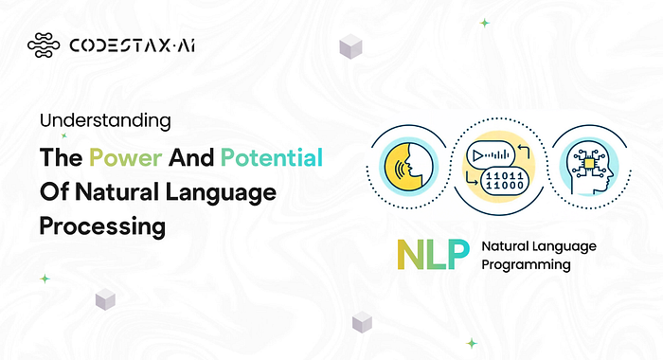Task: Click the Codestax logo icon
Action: click(44, 45)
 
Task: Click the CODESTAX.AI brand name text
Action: click(132, 45)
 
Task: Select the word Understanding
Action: click(105, 121)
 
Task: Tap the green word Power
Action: click(126, 158)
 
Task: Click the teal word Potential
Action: click(272, 157)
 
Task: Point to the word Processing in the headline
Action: click(102, 226)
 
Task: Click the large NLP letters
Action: click(433, 254)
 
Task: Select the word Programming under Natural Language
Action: click(526, 265)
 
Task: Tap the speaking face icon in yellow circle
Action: click(408, 166)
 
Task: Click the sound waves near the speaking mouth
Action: click(399, 169)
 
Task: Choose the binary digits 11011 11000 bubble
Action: click(505, 181)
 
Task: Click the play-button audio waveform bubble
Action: click(491, 155)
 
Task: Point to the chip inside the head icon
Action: click(588, 163)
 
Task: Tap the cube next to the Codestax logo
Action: click(350, 46)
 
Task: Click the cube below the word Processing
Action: click(105, 299)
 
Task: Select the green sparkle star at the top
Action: click(485, 23)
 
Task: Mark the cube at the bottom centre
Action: click(362, 322)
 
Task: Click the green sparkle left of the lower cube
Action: click(45, 279)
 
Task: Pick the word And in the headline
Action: click(191, 158)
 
